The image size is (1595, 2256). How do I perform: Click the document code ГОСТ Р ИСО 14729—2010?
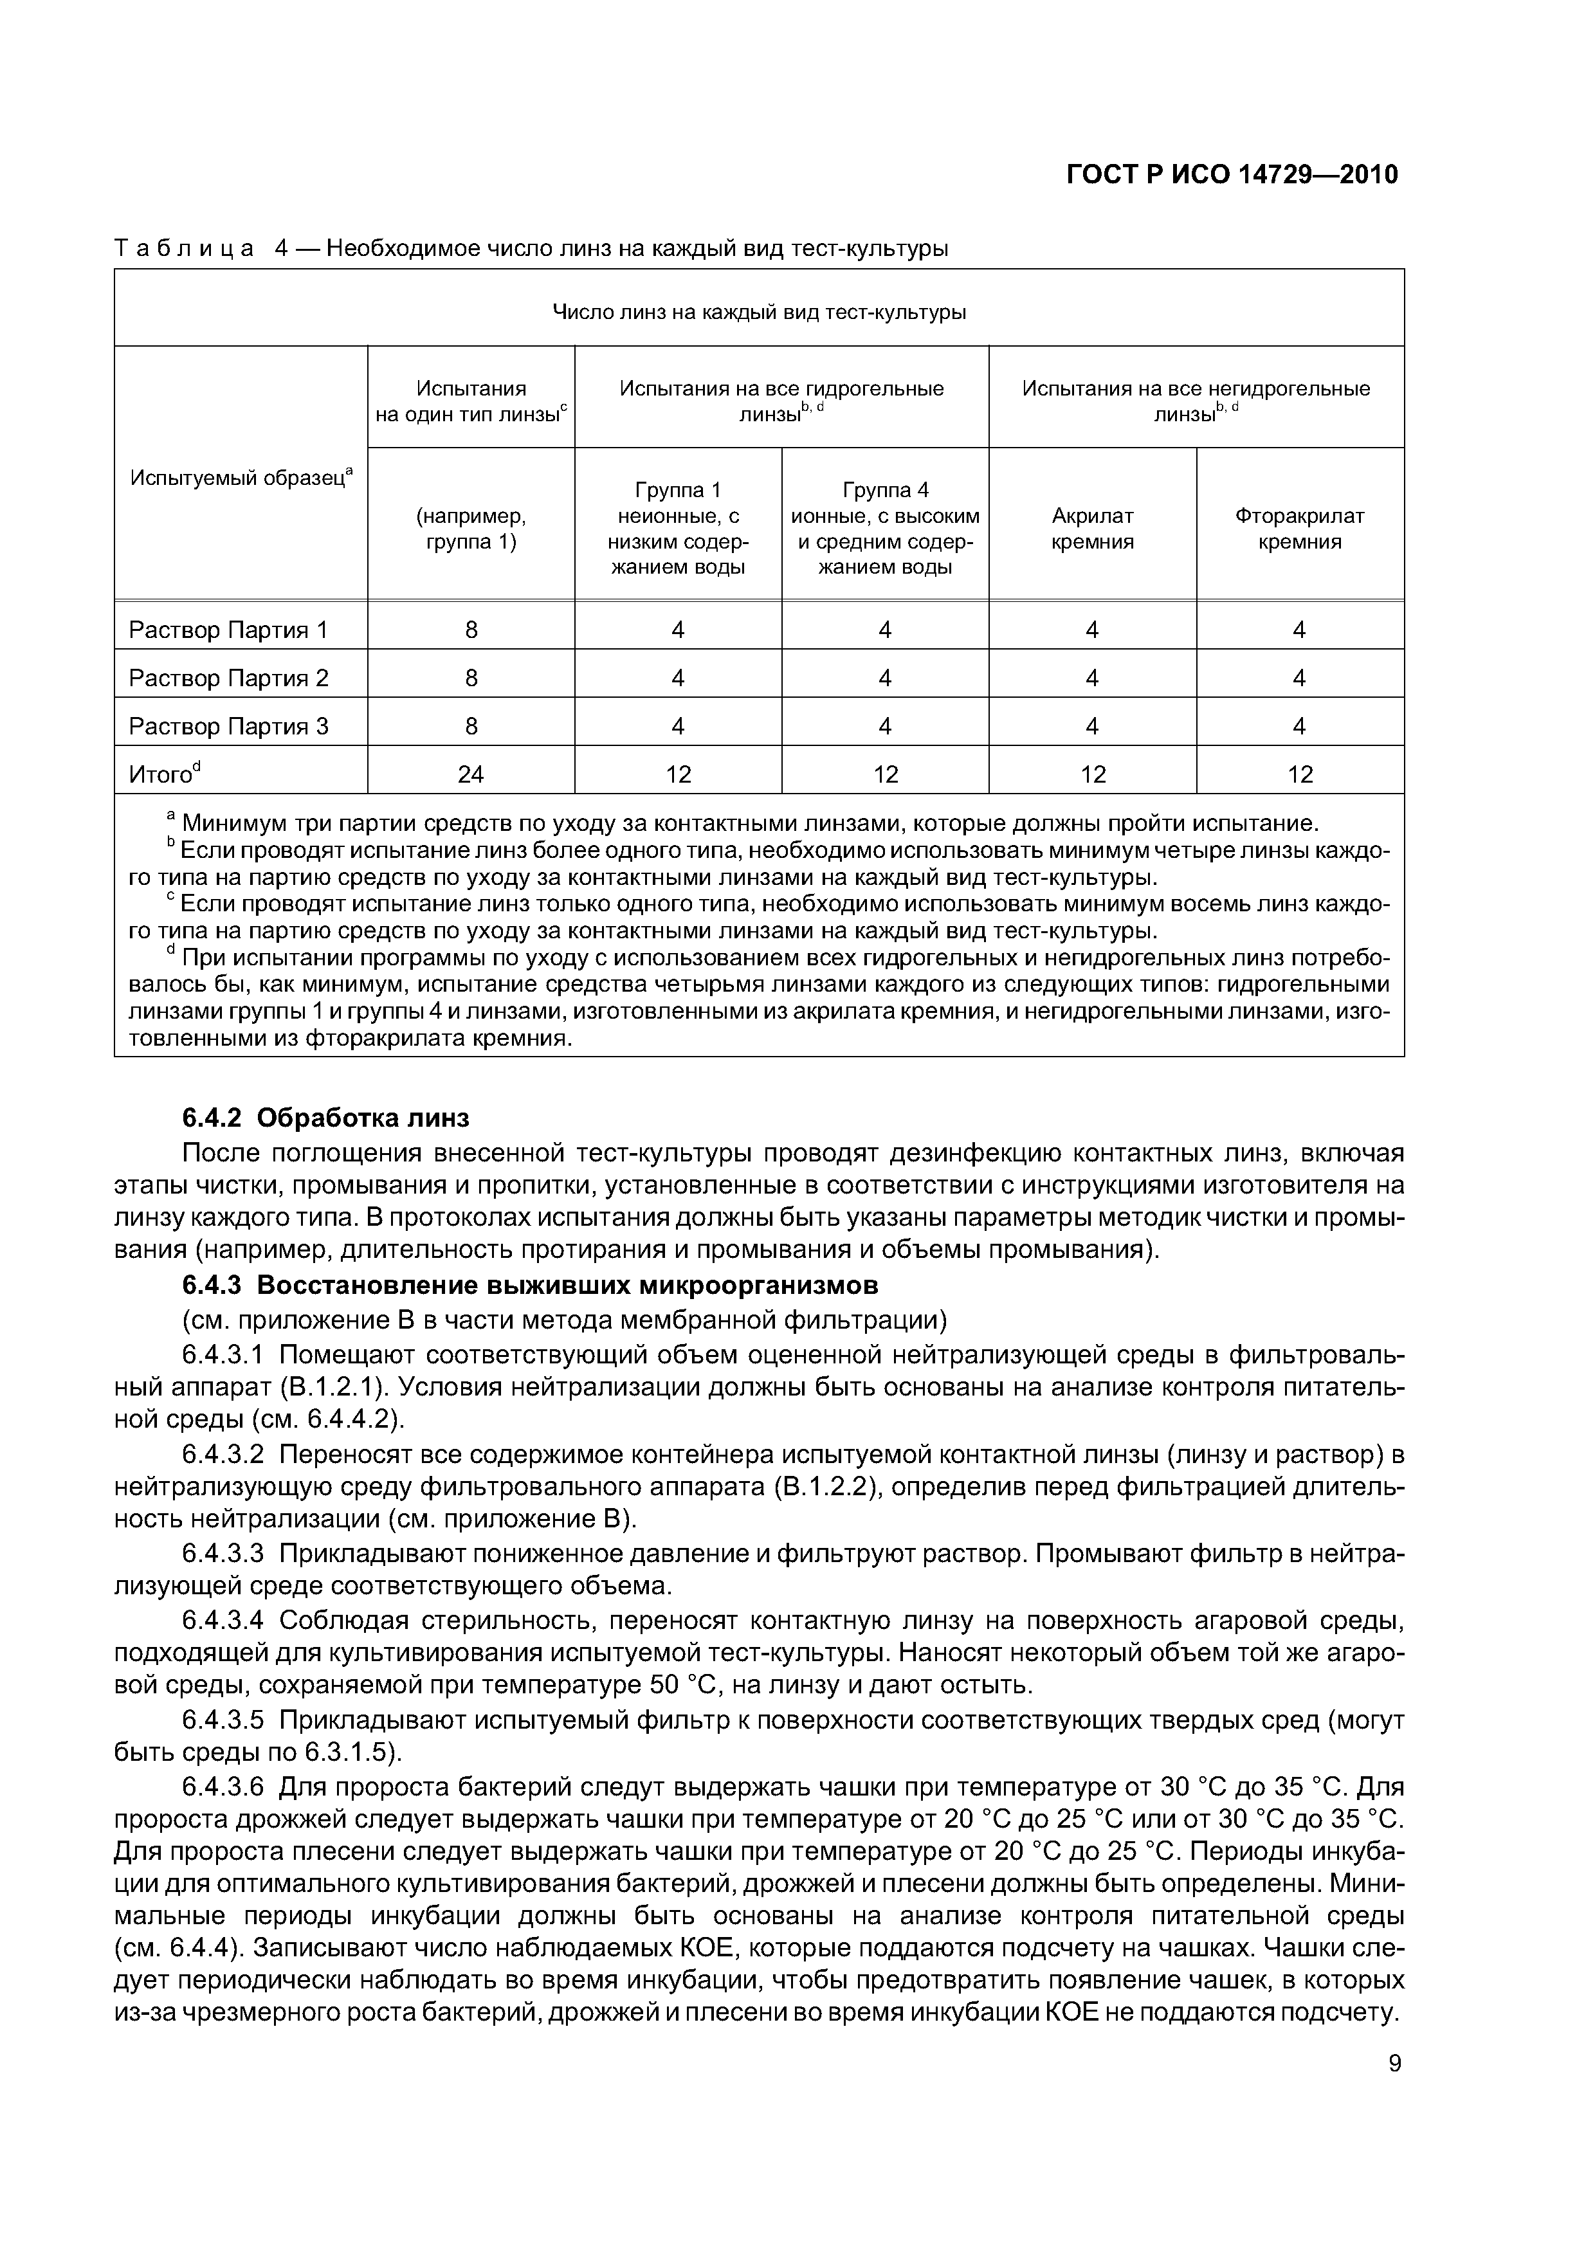(1232, 175)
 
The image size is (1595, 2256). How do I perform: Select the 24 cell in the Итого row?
(471, 774)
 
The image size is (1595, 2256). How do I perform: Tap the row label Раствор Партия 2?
(229, 678)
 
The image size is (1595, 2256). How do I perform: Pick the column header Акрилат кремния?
(1092, 529)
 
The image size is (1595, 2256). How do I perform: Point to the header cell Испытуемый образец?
(241, 478)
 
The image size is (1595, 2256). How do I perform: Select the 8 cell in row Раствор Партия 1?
(471, 630)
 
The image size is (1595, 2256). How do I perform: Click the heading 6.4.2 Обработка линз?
(325, 1118)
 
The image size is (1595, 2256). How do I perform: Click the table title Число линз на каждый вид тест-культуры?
(759, 313)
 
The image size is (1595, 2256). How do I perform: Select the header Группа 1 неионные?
(677, 529)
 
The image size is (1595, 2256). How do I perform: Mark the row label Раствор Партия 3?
(229, 726)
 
